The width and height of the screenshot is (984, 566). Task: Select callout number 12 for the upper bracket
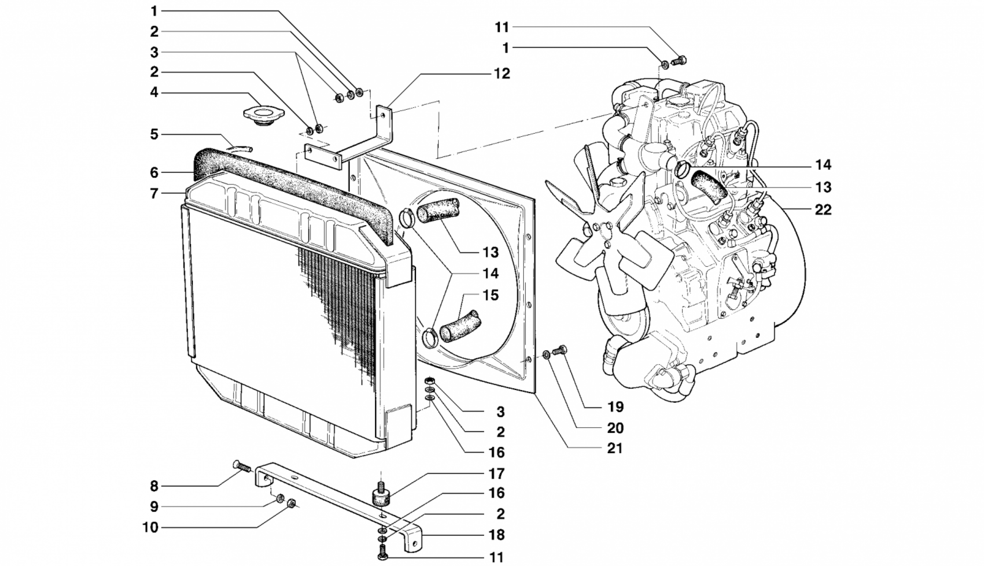502,73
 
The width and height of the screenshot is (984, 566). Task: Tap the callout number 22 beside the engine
823,210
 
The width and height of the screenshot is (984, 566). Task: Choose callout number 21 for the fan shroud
615,448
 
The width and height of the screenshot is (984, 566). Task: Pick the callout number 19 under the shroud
616,407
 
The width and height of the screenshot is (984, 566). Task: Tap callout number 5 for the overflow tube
154,134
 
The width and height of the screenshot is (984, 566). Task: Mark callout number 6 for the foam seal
154,173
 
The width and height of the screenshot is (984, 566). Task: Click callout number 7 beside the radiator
154,193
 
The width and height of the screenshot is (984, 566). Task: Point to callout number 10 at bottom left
151,528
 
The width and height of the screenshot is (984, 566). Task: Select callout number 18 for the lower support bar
496,535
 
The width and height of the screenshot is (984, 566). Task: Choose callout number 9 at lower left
154,507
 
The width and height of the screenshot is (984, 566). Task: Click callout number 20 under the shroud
615,428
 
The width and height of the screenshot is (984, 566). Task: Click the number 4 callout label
154,92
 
